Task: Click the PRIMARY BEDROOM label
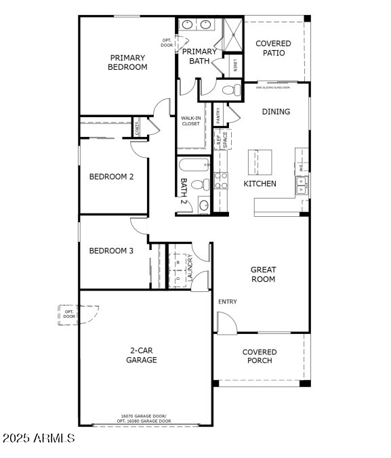127,62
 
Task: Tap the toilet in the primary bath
230,89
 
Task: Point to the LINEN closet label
235,66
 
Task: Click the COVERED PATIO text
273,48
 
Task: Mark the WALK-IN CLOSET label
190,121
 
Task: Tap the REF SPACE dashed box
222,140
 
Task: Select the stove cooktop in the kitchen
222,180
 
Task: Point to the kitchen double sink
301,184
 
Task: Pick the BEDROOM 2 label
111,177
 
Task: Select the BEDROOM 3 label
111,251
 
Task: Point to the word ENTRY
228,301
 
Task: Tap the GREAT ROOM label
263,274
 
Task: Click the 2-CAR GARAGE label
143,355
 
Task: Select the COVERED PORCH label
260,356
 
